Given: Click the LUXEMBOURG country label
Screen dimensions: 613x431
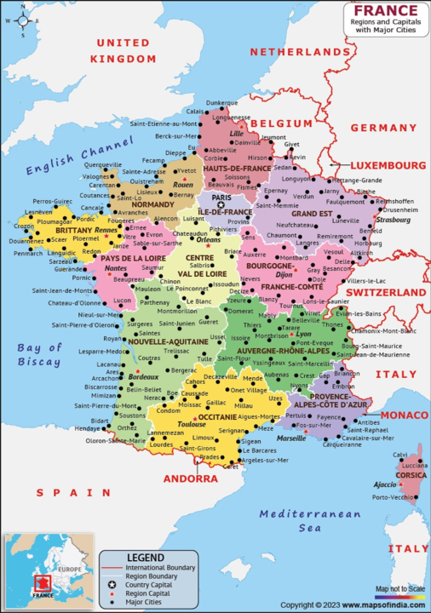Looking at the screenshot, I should [x=390, y=165].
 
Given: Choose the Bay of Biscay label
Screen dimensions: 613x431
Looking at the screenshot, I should [x=40, y=354].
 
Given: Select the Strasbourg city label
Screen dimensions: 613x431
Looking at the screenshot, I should [x=398, y=220].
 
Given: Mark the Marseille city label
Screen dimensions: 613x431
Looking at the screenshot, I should [x=291, y=438].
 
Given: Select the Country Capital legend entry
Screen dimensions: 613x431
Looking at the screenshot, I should [x=150, y=585].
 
